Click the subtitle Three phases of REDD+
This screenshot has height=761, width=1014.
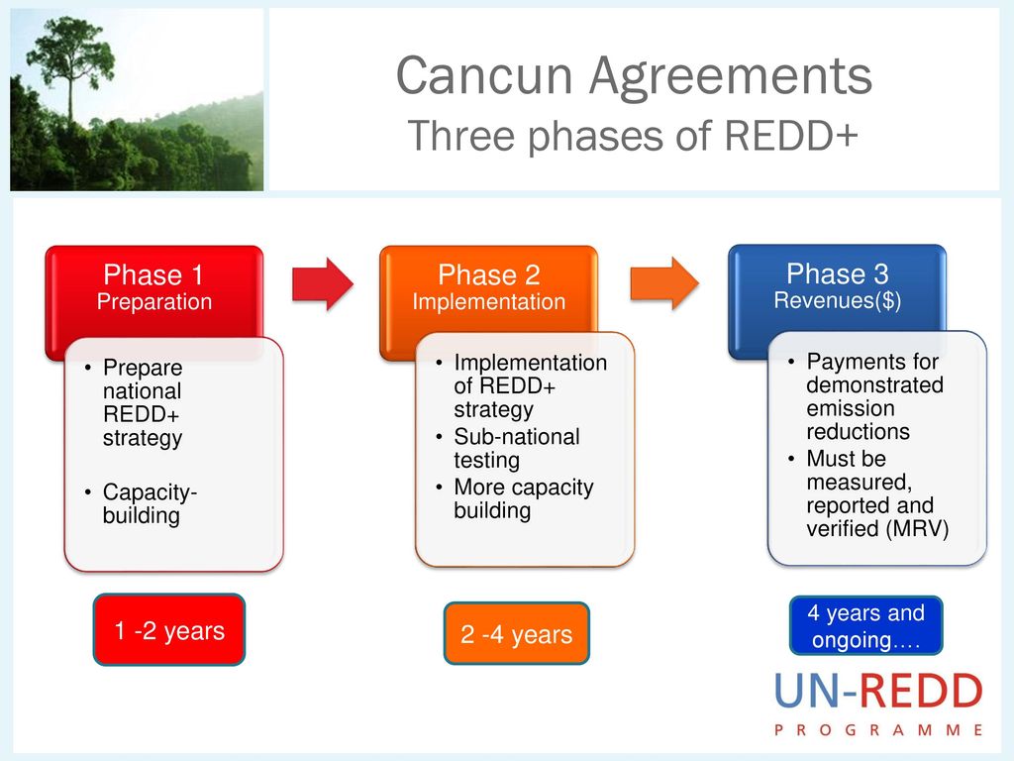coord(633,135)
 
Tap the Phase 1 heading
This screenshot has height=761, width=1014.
coord(153,275)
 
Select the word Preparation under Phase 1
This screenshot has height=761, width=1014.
coord(154,302)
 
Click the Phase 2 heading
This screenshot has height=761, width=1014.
coord(489,275)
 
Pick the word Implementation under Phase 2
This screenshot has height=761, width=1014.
coord(489,301)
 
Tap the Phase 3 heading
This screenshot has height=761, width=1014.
coord(838,273)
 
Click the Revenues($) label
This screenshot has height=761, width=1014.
coord(838,300)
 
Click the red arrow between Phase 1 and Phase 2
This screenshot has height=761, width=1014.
coord(323,284)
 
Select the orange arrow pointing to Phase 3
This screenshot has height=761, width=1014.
coord(664,283)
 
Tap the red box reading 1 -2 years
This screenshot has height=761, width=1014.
coord(169,629)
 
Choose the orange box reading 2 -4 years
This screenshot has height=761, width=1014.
coord(517,633)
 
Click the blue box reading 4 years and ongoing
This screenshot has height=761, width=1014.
coord(865,626)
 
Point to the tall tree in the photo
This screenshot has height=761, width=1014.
coord(71,71)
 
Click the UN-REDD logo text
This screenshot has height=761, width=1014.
coord(879,691)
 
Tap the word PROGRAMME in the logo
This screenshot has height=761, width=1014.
coord(879,730)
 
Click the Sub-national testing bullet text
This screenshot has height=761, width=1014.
coord(517,449)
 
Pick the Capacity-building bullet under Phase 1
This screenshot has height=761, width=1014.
coord(150,504)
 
